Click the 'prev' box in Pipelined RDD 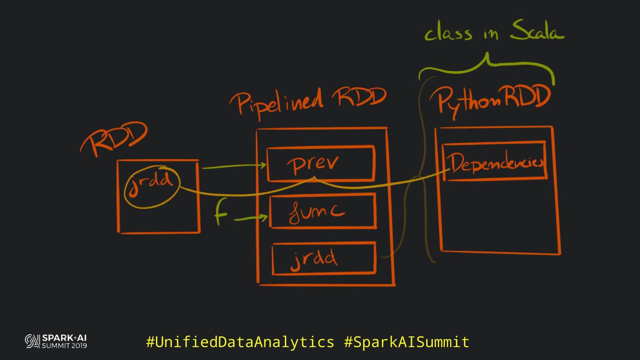pyautogui.click(x=320, y=164)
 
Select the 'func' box pyautogui.click(x=323, y=211)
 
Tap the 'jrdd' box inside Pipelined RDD pyautogui.click(x=324, y=258)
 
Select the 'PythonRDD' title pyautogui.click(x=493, y=100)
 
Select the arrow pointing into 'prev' pyautogui.click(x=233, y=167)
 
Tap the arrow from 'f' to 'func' pyautogui.click(x=251, y=219)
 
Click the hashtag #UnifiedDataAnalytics pyautogui.click(x=240, y=342)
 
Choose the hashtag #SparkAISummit pyautogui.click(x=407, y=342)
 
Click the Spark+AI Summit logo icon pyautogui.click(x=32, y=341)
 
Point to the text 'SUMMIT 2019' pyautogui.click(x=64, y=346)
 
